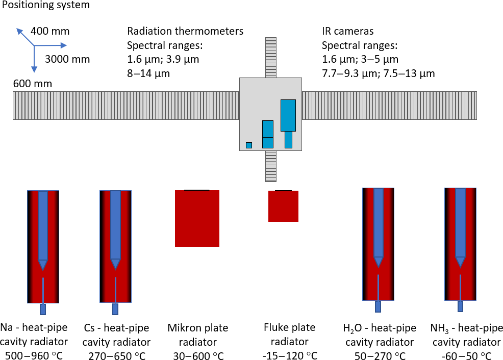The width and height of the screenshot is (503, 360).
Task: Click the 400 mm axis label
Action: pyautogui.click(x=50, y=32)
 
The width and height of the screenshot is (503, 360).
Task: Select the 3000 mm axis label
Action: pyautogui.click(x=67, y=59)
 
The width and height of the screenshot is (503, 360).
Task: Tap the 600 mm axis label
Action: pyautogui.click(x=33, y=84)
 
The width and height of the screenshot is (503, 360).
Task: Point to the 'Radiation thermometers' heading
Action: pyautogui.click(x=185, y=32)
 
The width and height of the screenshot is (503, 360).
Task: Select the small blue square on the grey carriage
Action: pyautogui.click(x=249, y=145)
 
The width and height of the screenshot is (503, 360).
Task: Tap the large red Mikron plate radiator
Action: pyautogui.click(x=197, y=218)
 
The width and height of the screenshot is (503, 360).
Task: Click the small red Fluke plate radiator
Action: pyautogui.click(x=283, y=206)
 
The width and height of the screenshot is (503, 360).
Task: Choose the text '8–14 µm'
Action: pyautogui.click(x=148, y=73)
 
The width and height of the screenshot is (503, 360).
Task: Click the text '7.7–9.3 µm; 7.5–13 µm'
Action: pyautogui.click(x=378, y=73)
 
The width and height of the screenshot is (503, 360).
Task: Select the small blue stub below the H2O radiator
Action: pyautogui.click(x=378, y=306)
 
